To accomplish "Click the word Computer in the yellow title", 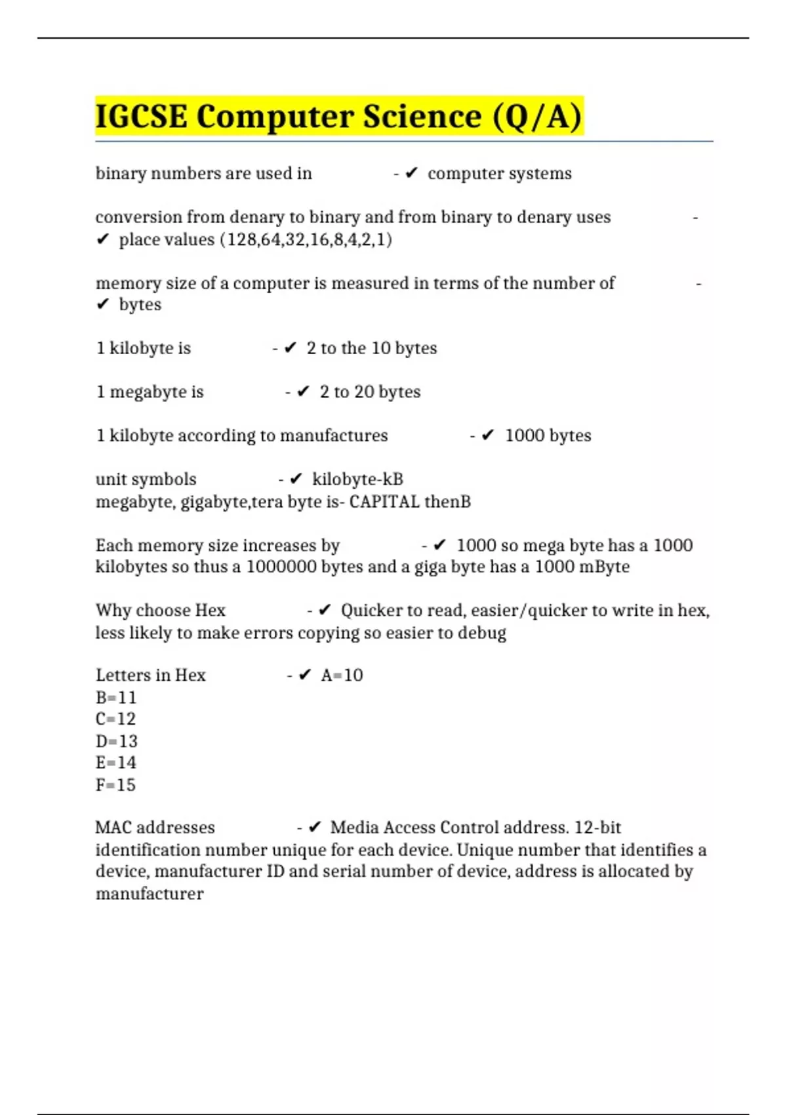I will [x=273, y=117].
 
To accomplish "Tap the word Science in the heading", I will [x=422, y=117].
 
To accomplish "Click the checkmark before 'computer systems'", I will [x=411, y=173].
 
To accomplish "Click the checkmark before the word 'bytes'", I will [x=102, y=304].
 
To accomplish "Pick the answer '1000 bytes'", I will [x=548, y=436].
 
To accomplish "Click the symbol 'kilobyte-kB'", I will [x=357, y=479].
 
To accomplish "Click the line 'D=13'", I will [x=117, y=741].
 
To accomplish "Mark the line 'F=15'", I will [x=115, y=785].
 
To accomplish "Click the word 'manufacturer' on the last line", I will [x=150, y=894].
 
